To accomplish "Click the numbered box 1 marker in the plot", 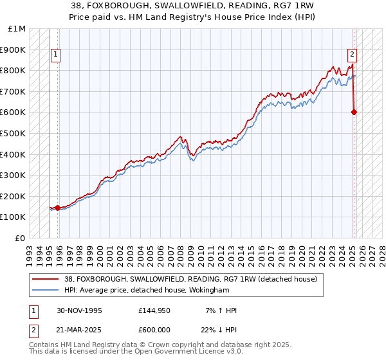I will point(56,55).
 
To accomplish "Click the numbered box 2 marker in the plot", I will point(353,55).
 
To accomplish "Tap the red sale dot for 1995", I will point(58,208).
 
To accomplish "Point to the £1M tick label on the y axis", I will point(18,29).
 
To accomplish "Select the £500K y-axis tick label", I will point(14,133).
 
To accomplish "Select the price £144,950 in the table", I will point(154,310).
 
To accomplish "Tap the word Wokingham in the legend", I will point(210,290).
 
